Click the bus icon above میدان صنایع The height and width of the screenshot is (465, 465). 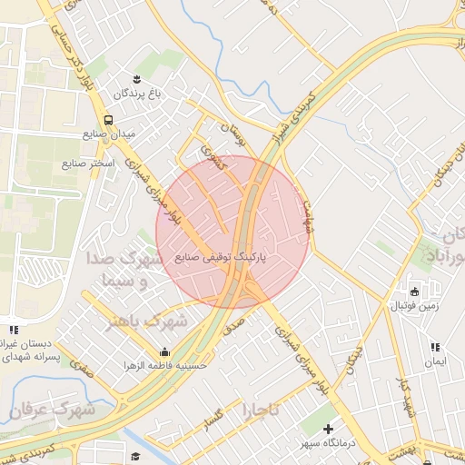(109, 119)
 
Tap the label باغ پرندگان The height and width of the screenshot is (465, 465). (136, 94)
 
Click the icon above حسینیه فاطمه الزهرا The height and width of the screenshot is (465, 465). (165, 352)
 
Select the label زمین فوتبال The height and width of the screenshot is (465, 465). (413, 306)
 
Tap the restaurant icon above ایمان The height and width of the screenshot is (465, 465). (435, 347)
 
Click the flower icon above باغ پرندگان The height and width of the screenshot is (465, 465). (136, 79)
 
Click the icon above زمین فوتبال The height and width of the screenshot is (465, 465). (414, 292)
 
